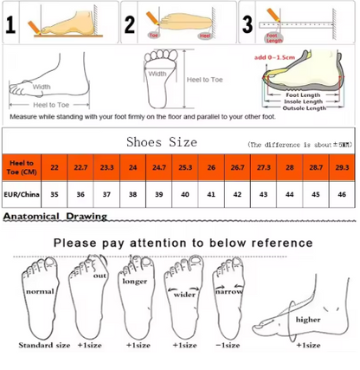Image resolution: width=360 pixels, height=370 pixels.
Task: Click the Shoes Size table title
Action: [x=162, y=142]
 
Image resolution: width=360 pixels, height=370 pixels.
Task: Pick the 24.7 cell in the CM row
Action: [x=159, y=166]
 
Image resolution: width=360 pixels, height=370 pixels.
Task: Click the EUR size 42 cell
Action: [x=237, y=195]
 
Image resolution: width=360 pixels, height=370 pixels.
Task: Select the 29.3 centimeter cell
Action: [x=341, y=166]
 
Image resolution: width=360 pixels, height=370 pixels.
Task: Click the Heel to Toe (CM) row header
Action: [x=21, y=166]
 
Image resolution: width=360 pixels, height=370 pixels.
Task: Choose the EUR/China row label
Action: [x=21, y=195]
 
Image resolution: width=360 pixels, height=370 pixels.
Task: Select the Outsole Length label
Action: [x=305, y=108]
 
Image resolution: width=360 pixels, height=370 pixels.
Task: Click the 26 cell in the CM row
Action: [x=211, y=166]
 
